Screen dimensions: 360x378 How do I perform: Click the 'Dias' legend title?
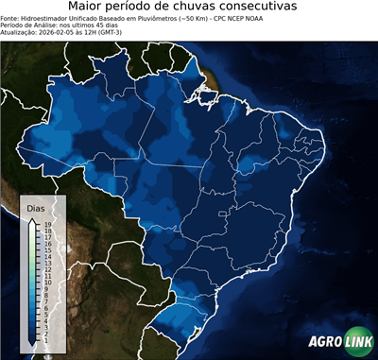(x=35, y=207)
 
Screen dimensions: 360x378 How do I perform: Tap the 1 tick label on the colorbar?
(x=46, y=334)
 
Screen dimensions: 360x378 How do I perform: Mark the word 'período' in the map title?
(x=138, y=8)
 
